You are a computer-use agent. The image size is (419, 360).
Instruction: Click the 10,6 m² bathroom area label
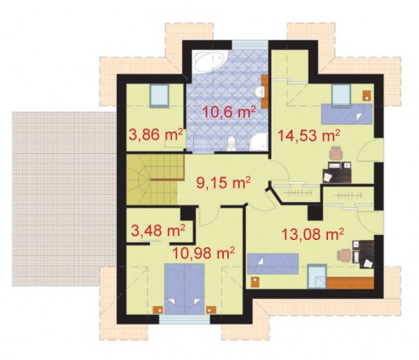point(229,112)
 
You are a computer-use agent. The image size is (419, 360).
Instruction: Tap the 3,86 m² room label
point(156,134)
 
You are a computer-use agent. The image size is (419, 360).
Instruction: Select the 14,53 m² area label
point(309,135)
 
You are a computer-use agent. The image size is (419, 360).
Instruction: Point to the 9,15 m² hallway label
point(223,183)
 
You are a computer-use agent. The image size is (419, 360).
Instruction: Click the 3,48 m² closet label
point(158,230)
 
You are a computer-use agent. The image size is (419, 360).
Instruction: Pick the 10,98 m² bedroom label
point(204,253)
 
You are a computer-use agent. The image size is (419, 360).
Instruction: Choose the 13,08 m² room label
point(313,234)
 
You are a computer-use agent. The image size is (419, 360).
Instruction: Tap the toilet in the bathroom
point(231,143)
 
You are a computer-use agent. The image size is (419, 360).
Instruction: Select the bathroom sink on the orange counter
point(260,92)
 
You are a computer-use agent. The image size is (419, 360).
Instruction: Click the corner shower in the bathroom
point(258,142)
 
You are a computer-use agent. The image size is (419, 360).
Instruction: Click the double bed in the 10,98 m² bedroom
point(185,288)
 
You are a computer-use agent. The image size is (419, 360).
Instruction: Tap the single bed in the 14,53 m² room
point(346,114)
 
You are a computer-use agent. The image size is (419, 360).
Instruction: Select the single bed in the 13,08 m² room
point(273,263)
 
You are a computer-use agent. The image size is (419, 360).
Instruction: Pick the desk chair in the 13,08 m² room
point(344,255)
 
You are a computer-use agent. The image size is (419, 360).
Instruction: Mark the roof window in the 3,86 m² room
point(160,96)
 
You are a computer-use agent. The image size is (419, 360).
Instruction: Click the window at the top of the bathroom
point(250,44)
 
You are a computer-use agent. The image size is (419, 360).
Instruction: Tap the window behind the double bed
point(185,320)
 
